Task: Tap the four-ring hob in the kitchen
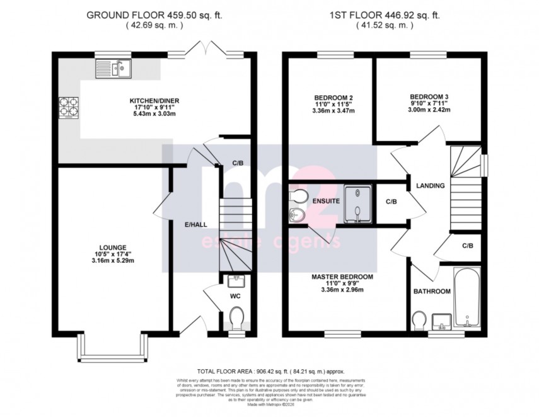(69, 108)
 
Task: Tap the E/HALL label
(196, 224)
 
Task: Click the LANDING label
(431, 186)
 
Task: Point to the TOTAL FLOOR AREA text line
(269, 373)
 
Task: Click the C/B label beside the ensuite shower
(391, 202)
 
